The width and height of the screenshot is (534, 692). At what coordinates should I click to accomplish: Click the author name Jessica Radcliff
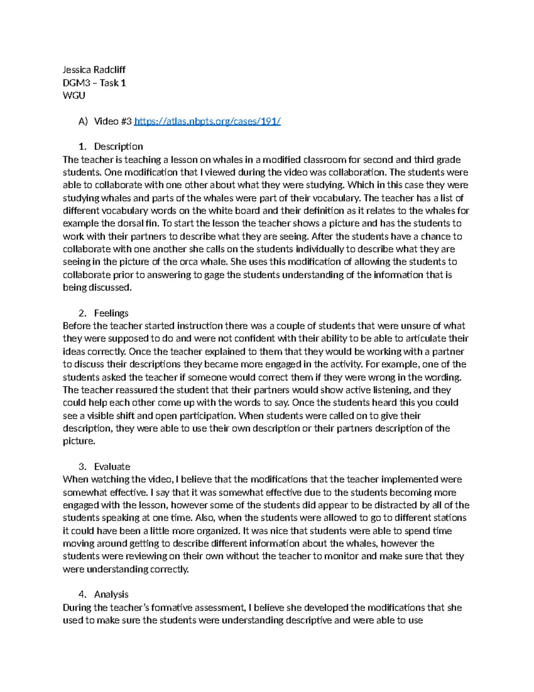coord(94,70)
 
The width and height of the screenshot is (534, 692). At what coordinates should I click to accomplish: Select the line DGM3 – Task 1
coord(94,82)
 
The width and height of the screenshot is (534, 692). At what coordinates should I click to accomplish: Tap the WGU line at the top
coord(74,95)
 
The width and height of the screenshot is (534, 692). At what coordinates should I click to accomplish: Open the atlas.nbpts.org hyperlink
coord(207,121)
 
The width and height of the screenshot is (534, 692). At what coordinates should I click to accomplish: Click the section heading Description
coord(118,147)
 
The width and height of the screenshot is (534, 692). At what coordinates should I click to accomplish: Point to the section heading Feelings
coord(111,313)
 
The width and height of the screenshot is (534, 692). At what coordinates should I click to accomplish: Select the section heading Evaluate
coord(112,467)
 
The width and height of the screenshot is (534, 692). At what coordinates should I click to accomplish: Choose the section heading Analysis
coord(111,594)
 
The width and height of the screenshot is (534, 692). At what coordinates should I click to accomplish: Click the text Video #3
coord(113,121)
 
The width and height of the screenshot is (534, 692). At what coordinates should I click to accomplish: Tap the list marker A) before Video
coord(83,121)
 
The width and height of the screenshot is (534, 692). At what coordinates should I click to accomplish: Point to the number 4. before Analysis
coord(82,594)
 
